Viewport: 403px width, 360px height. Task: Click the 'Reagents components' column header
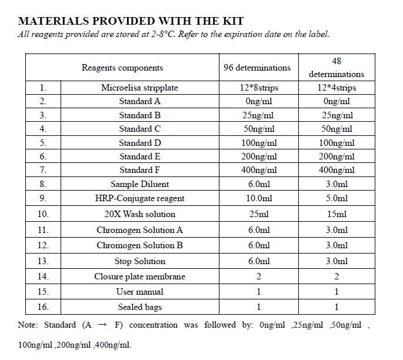tap(122, 68)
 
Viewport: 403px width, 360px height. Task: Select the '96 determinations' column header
tap(257, 68)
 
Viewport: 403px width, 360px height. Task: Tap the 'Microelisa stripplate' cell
tap(139, 88)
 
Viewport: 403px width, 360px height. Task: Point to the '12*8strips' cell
tap(257, 88)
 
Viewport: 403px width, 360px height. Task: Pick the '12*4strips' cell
tap(337, 88)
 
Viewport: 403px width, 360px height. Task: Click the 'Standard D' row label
tap(139, 143)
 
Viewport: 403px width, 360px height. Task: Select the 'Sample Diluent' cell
tap(139, 184)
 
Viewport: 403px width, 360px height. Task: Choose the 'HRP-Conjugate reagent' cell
tap(139, 198)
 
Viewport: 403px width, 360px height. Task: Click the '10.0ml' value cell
tap(257, 198)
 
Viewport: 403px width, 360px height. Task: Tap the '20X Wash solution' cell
tap(139, 214)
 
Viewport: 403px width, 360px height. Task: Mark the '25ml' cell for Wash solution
tap(257, 214)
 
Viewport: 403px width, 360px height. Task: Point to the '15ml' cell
tap(337, 214)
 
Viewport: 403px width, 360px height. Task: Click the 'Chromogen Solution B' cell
tap(139, 245)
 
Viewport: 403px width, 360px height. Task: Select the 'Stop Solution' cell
tap(139, 261)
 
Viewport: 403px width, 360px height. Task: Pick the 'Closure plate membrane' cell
tap(139, 276)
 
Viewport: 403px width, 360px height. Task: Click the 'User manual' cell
tap(139, 292)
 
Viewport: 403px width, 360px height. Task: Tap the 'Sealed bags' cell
tap(139, 307)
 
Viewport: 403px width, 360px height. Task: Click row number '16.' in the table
tap(42, 307)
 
